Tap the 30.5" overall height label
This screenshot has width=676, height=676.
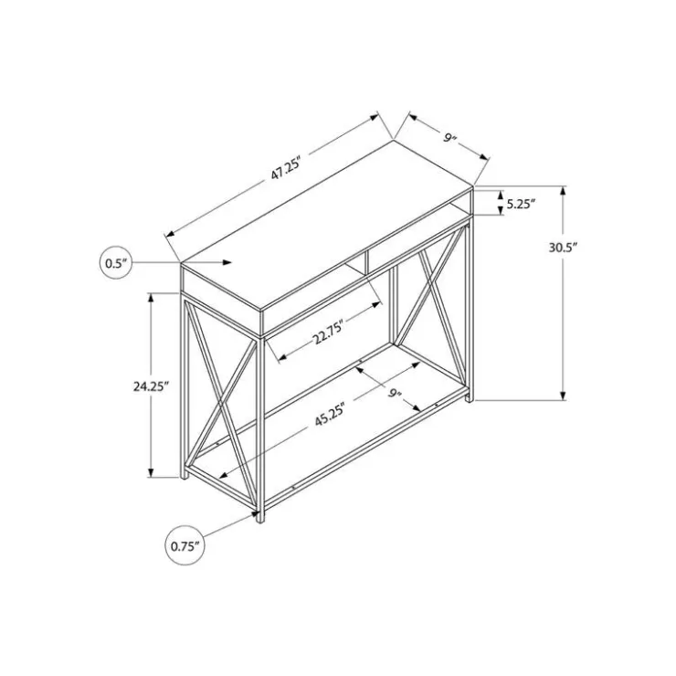tap(563, 248)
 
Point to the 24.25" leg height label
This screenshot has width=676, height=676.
tap(150, 386)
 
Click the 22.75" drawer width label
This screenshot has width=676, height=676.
tap(328, 332)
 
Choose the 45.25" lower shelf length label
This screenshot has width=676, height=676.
tap(331, 415)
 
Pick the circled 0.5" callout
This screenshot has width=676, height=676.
tap(115, 262)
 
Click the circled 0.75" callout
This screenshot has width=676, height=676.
tap(185, 545)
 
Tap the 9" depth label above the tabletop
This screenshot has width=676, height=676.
tap(449, 138)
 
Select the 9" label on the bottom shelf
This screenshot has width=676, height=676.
tap(395, 393)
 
